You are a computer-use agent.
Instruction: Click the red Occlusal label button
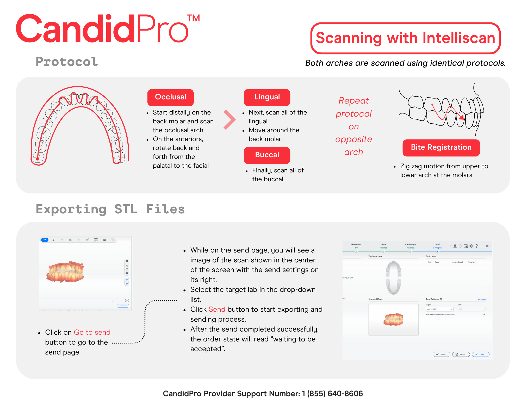[x=170, y=97]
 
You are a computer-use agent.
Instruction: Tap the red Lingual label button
[x=267, y=97]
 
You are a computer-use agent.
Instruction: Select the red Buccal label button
[x=267, y=155]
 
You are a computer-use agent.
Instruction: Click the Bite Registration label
[x=441, y=147]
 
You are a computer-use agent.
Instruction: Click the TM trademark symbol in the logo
[x=193, y=18]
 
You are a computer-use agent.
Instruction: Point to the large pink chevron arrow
[x=230, y=120]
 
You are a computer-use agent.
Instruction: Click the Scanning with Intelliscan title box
[x=405, y=38]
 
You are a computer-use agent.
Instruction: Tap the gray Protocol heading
[x=67, y=62]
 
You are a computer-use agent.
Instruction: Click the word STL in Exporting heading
[x=126, y=209]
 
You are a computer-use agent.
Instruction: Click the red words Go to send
[x=92, y=332]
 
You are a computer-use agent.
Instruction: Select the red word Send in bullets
[x=217, y=309]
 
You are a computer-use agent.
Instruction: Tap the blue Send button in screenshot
[x=480, y=354]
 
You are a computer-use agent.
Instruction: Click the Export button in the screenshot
[x=461, y=354]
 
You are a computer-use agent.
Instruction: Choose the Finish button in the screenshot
[x=441, y=354]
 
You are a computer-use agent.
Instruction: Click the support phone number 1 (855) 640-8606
[x=332, y=394]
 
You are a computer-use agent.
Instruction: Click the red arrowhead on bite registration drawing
[x=461, y=117]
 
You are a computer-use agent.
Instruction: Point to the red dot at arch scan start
[x=38, y=159]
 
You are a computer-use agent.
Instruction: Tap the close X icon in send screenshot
[x=487, y=246]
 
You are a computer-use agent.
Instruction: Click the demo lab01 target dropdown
[x=439, y=309]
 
